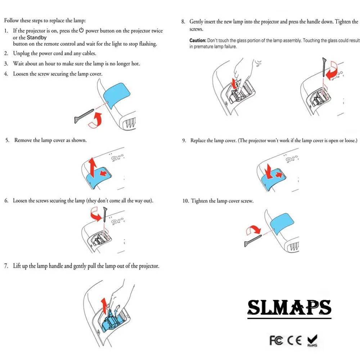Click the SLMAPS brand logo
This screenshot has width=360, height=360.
[x=289, y=308]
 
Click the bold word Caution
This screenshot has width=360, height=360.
[x=198, y=41]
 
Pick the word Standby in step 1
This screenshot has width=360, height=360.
[x=37, y=37]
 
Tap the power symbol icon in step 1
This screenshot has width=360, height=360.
[x=81, y=31]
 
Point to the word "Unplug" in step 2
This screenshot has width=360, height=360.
[x=21, y=53]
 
